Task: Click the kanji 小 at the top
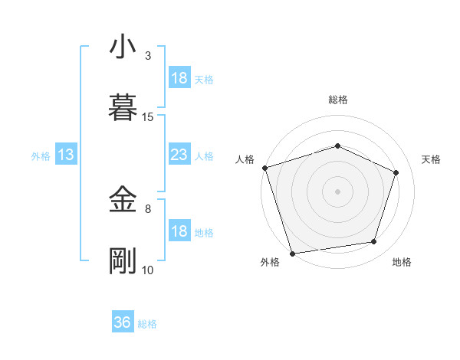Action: (x=123, y=47)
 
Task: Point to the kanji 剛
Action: (x=123, y=260)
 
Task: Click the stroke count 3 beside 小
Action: (x=148, y=56)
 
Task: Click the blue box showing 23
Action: (x=179, y=155)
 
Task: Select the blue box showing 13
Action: (x=66, y=155)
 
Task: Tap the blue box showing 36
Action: (x=123, y=322)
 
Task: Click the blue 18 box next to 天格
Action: (x=179, y=78)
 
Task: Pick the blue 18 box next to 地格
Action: (x=179, y=231)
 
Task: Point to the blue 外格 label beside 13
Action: (x=41, y=156)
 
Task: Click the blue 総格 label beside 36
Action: (x=147, y=324)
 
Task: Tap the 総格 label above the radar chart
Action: (x=338, y=100)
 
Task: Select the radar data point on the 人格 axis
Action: (x=264, y=168)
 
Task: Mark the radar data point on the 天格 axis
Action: (x=396, y=172)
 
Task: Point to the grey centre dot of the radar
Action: (x=338, y=191)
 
